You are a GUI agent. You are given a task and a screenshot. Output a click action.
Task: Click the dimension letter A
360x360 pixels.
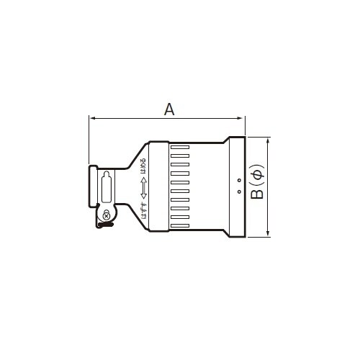pyautogui.click(x=169, y=109)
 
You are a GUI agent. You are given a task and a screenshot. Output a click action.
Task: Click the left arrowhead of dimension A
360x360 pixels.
pyautogui.click(x=91, y=117)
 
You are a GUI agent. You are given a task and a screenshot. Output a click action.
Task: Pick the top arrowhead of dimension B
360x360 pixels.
pyautogui.click(x=269, y=140)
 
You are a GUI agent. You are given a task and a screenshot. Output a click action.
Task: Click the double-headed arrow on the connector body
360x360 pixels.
pyautogui.click(x=144, y=186)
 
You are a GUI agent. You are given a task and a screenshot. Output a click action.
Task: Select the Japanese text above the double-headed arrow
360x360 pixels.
pyautogui.click(x=144, y=165)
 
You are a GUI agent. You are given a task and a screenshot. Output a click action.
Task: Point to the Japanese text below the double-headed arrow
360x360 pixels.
pyautogui.click(x=144, y=210)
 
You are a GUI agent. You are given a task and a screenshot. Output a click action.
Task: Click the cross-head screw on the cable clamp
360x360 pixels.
pyautogui.click(x=107, y=215)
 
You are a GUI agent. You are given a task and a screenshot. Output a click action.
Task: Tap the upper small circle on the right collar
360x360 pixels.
pyautogui.click(x=238, y=180)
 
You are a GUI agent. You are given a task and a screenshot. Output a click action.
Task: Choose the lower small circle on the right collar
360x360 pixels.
pyautogui.click(x=238, y=192)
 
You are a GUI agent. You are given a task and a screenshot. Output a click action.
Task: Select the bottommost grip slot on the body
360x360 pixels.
pyautogui.click(x=180, y=225)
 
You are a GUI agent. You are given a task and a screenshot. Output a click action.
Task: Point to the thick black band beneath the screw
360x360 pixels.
pyautogui.click(x=106, y=226)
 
